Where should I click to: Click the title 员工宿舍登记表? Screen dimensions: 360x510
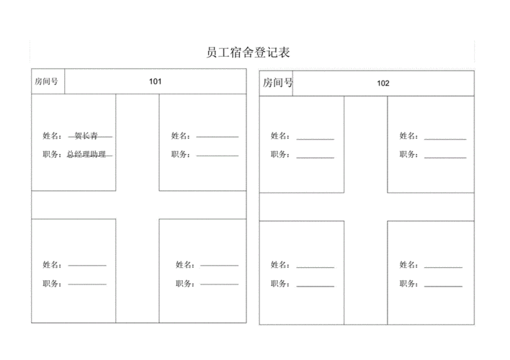[x=248, y=53]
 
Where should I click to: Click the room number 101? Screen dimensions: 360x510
[x=155, y=81]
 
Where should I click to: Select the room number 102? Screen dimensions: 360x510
[x=383, y=83]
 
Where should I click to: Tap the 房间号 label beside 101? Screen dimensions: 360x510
[x=48, y=81]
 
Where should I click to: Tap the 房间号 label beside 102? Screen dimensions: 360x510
[x=277, y=83]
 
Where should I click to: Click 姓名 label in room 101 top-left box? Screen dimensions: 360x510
[x=52, y=135]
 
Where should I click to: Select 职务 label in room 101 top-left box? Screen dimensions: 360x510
[x=52, y=154]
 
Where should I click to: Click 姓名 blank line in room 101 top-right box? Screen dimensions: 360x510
[x=217, y=136]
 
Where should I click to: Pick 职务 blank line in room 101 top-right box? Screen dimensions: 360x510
[x=217, y=154]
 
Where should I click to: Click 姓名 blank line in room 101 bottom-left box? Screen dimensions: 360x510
[x=87, y=266]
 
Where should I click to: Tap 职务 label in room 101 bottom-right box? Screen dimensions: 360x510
[x=184, y=284]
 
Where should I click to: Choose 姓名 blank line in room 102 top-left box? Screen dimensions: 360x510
[x=315, y=138]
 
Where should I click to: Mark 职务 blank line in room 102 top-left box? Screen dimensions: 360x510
[x=315, y=156]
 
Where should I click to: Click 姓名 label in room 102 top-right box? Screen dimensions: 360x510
[x=408, y=135]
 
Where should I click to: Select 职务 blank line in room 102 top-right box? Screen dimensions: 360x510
[x=444, y=156]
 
